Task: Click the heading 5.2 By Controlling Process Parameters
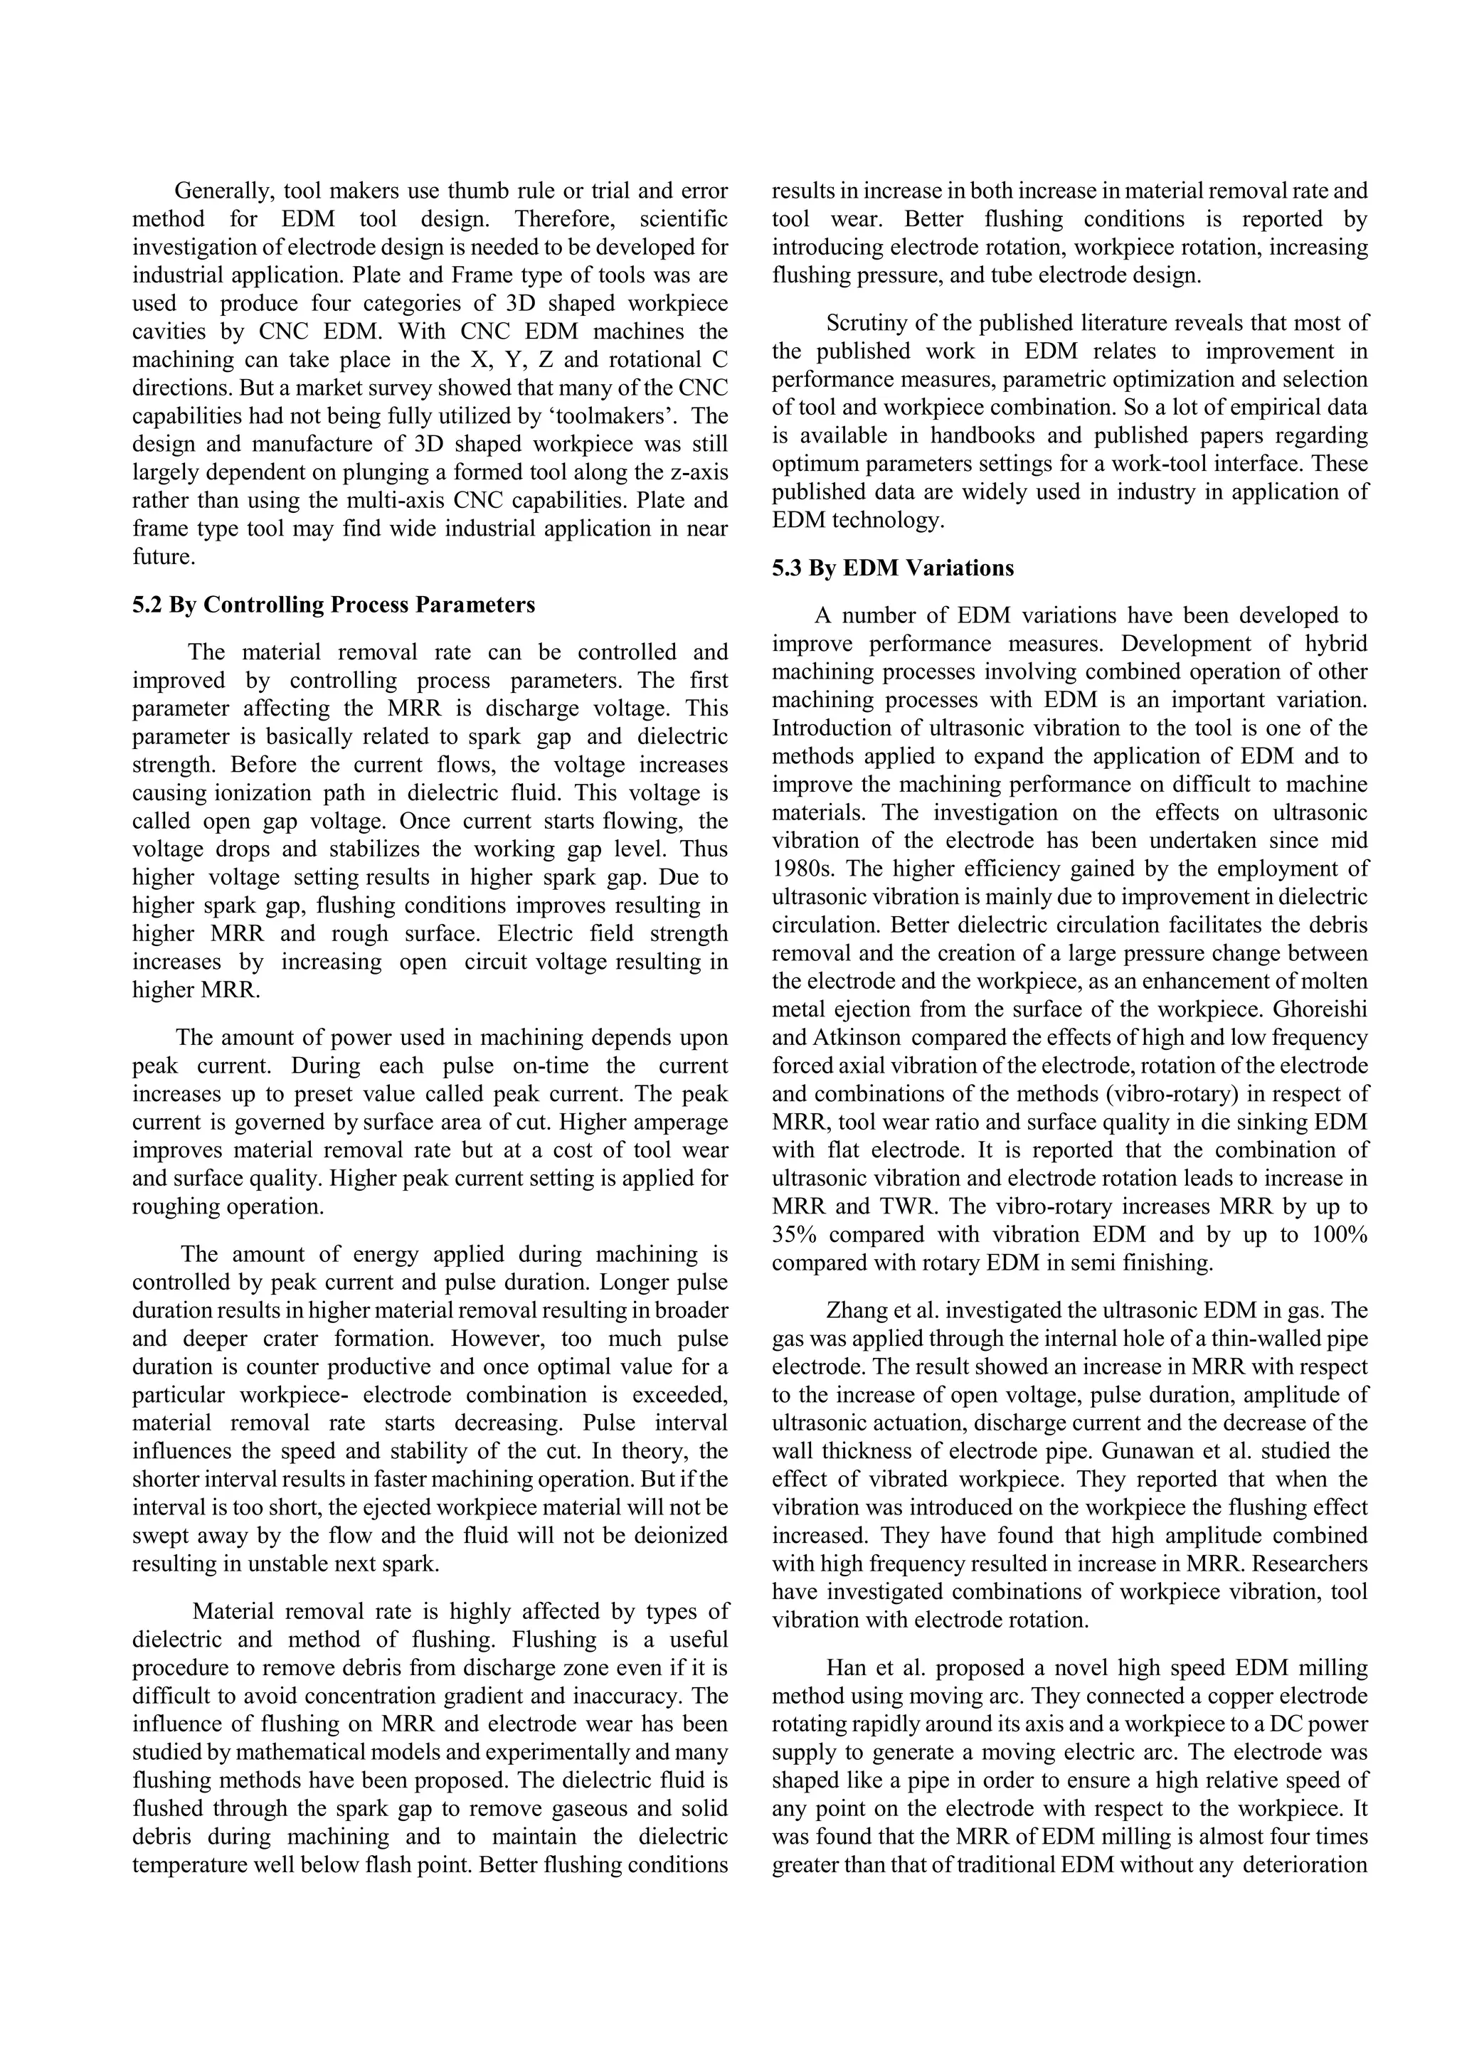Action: [333, 605]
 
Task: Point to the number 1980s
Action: [800, 869]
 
